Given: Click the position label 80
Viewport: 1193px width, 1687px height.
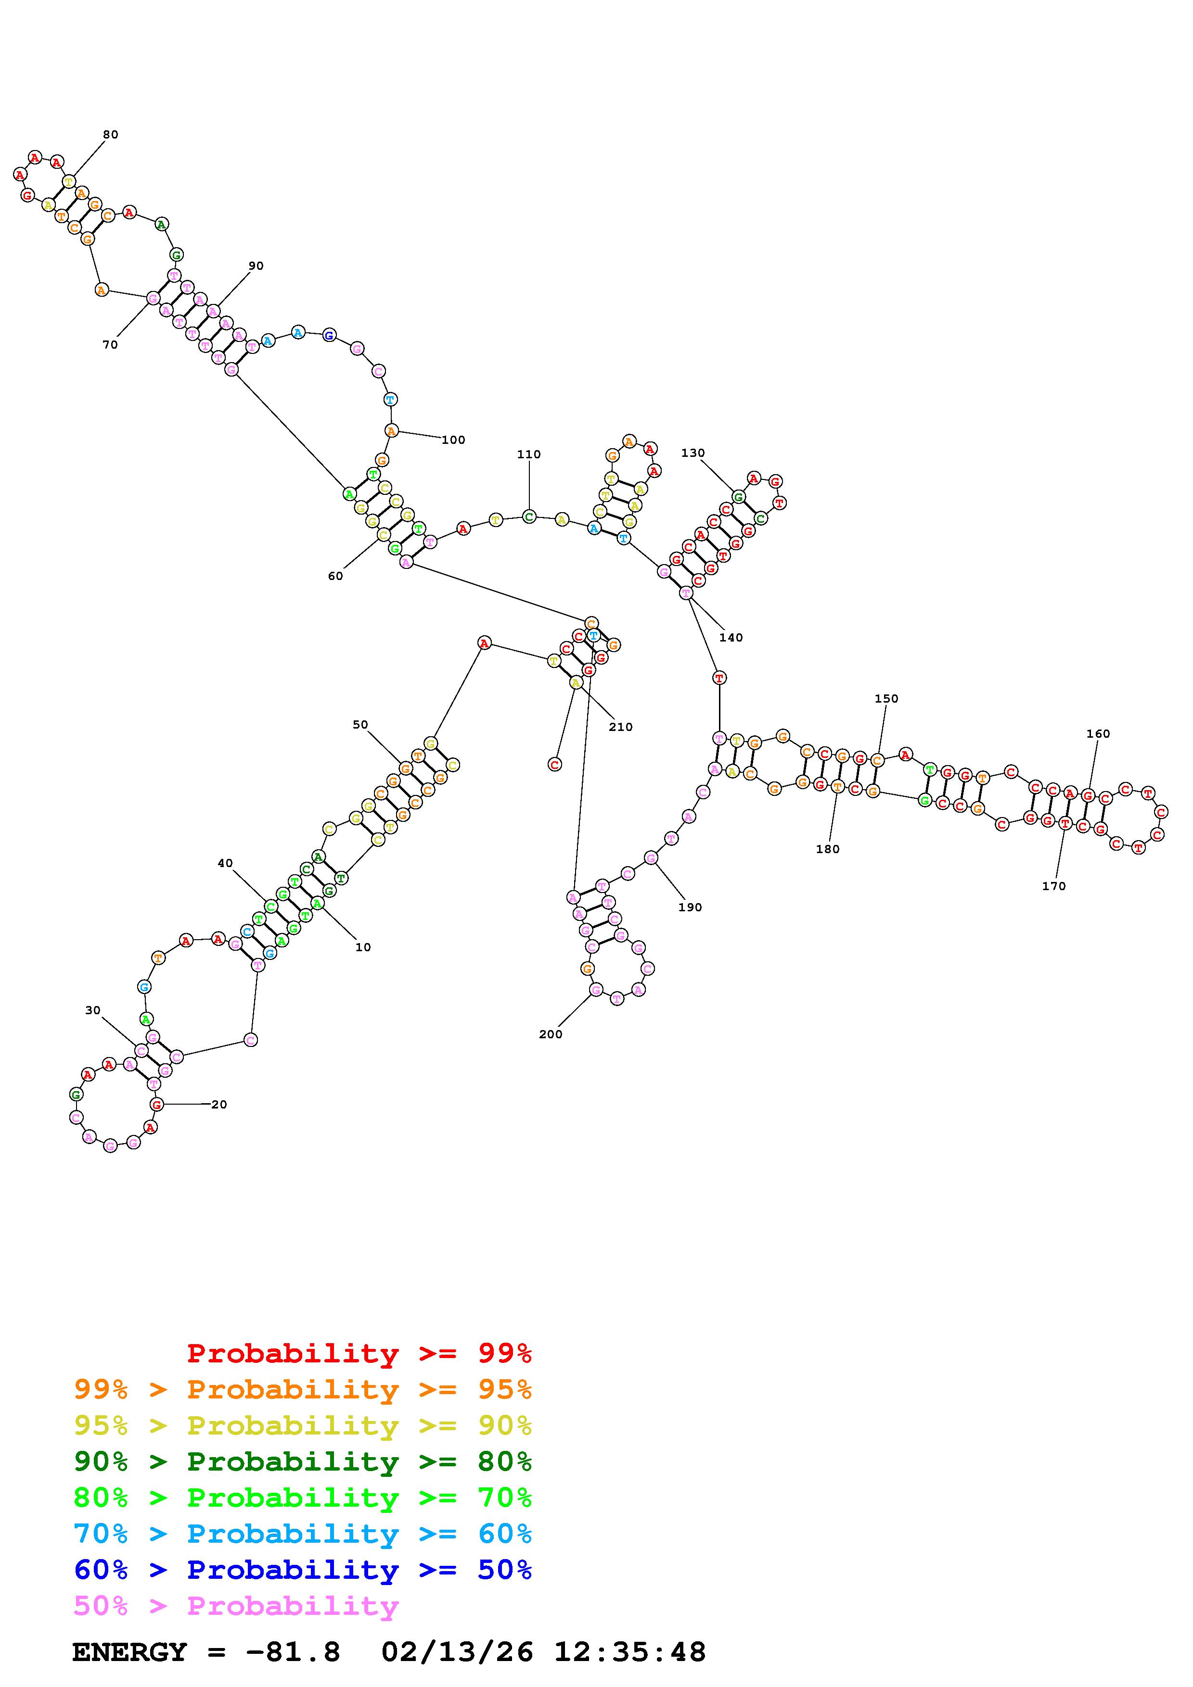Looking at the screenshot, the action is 110,135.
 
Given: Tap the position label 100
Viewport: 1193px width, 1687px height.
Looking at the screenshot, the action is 453,440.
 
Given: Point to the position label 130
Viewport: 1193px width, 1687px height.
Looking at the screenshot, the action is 693,453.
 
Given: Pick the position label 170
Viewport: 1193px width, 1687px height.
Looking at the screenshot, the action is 1053,886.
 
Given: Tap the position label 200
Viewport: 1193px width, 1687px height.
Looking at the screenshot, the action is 550,1034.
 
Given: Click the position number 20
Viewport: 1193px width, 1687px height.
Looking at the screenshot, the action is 219,1104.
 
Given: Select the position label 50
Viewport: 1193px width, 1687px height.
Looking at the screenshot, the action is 359,724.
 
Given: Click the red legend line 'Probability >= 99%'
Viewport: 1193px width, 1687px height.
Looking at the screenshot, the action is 359,1353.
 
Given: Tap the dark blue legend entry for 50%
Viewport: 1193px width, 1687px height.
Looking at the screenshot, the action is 303,1570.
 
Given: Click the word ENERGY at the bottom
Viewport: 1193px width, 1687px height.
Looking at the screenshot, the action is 129,1652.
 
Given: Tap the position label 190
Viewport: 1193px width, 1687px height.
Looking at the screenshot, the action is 690,906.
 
